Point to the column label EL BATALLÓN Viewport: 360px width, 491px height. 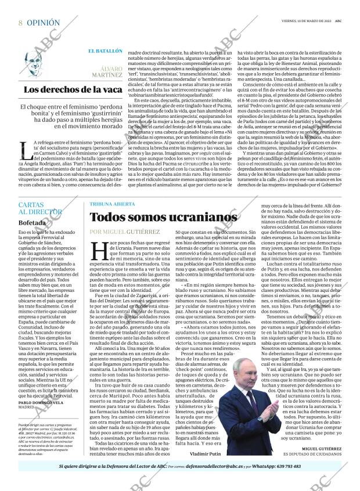105,52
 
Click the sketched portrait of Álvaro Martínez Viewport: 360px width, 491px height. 37,66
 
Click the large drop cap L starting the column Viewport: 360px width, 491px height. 26,150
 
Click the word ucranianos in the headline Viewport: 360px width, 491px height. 204,217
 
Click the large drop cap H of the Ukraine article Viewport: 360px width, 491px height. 100,251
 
